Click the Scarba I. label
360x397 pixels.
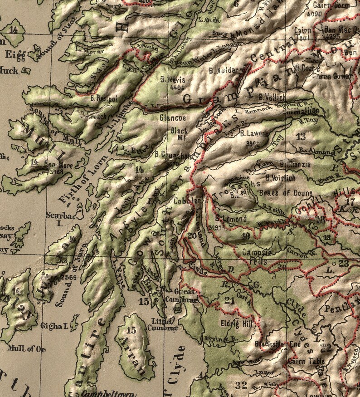coord(56,219)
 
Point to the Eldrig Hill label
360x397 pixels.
coord(234,324)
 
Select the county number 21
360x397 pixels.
coord(229,300)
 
